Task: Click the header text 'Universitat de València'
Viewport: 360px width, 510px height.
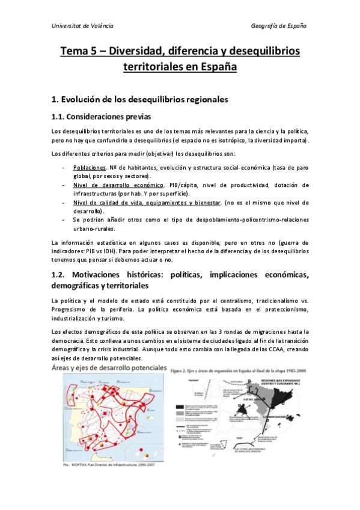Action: tap(82, 26)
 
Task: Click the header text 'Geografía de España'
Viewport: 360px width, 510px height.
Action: tap(279, 26)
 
